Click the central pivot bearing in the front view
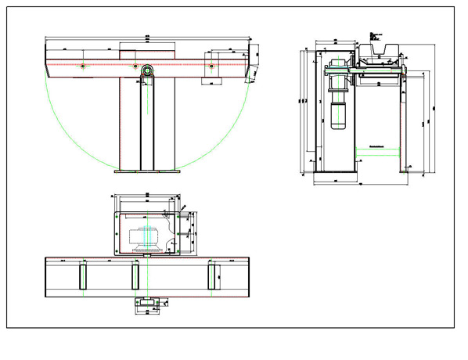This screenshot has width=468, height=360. tap(146, 69)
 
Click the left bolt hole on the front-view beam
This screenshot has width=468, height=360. tap(81, 67)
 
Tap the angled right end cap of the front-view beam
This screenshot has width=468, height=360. tap(251, 70)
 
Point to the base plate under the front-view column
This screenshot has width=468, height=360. tap(146, 171)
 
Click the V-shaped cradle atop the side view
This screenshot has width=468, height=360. tap(380, 53)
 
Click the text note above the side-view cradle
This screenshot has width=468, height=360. tap(375, 32)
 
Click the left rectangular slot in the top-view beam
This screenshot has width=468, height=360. tap(82, 276)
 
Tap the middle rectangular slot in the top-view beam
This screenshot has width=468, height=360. tap(135, 276)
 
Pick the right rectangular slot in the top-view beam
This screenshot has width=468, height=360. tap(211, 276)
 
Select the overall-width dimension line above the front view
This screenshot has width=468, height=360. tap(146, 37)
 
